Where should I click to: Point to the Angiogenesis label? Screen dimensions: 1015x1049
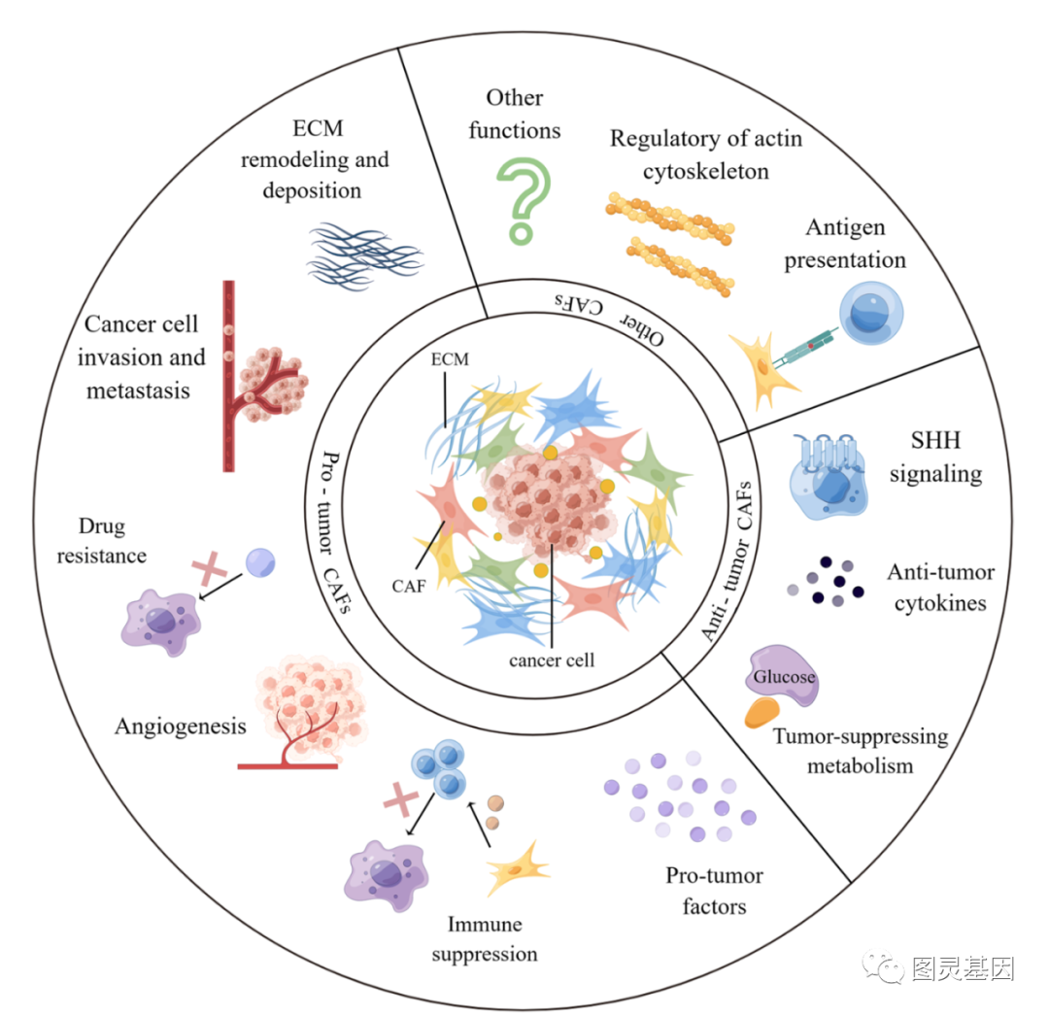pyautogui.click(x=180, y=726)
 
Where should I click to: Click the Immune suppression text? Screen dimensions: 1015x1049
pyautogui.click(x=484, y=938)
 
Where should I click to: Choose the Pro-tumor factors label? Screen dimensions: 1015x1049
pyautogui.click(x=714, y=891)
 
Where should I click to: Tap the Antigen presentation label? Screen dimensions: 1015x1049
pyautogui.click(x=845, y=244)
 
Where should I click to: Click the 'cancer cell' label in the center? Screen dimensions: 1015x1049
pyautogui.click(x=551, y=660)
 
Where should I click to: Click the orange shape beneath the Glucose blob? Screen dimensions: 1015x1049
pyautogui.click(x=761, y=713)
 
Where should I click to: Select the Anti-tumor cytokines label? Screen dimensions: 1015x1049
pyautogui.click(x=940, y=588)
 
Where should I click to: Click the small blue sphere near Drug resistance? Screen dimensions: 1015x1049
pyautogui.click(x=260, y=561)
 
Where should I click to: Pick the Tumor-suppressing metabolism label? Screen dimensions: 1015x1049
pyautogui.click(x=860, y=751)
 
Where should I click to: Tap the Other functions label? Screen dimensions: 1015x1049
pyautogui.click(x=515, y=114)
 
